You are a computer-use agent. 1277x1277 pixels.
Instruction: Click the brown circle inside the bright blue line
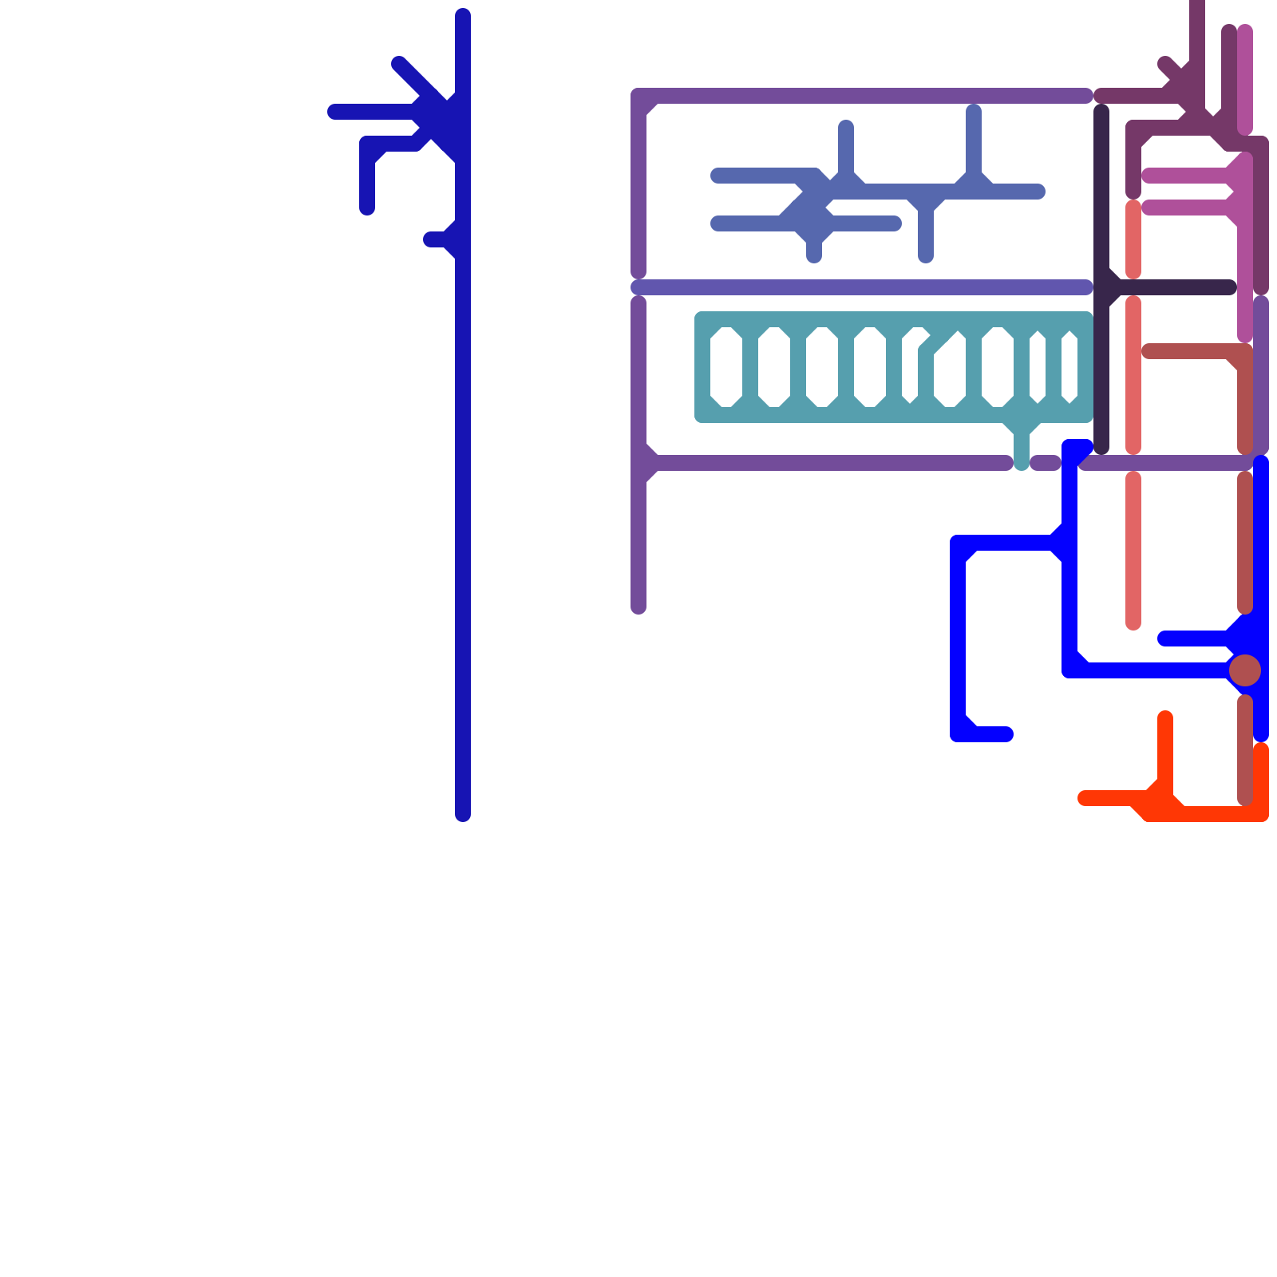pyautogui.click(x=1245, y=670)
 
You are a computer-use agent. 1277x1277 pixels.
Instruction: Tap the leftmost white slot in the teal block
pyautogui.click(x=726, y=367)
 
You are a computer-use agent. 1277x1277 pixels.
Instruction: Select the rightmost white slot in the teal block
pyautogui.click(x=1069, y=367)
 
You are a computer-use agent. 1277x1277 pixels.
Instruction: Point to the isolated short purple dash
pyautogui.click(x=1045, y=463)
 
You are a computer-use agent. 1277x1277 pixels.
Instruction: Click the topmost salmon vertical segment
pyautogui.click(x=1133, y=239)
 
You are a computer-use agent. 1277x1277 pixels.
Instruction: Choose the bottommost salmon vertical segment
pyautogui.click(x=1133, y=551)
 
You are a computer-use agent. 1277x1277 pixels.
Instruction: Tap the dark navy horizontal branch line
pyautogui.click(x=1173, y=287)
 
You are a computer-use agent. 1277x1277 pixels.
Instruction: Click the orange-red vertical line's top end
pyautogui.click(x=1165, y=718)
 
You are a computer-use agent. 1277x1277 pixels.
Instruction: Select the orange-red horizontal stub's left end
pyautogui.click(x=1085, y=798)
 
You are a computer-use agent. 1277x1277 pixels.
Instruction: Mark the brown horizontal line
pyautogui.click(x=1189, y=351)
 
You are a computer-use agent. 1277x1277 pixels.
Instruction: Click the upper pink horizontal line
pyautogui.click(x=1185, y=176)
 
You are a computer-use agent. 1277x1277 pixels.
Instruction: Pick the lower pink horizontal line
pyautogui.click(x=1185, y=208)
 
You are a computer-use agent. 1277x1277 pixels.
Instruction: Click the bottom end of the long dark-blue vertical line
pyautogui.click(x=463, y=814)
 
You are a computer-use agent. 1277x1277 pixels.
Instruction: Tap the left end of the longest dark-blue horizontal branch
pyautogui.click(x=334, y=112)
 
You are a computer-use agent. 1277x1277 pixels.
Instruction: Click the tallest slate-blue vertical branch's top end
pyautogui.click(x=974, y=110)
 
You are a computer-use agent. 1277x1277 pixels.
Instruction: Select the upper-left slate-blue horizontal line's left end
pyautogui.click(x=718, y=176)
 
